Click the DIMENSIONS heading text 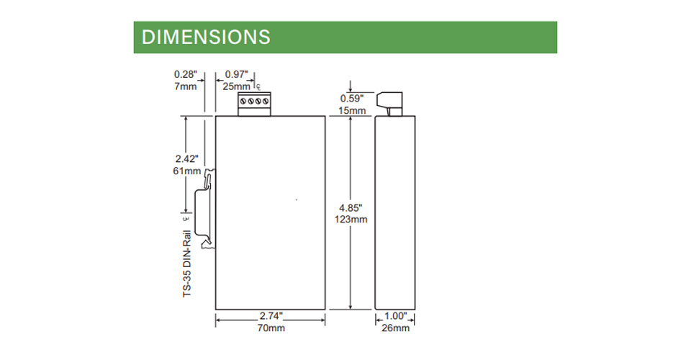click(x=206, y=37)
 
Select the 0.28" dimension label click(x=186, y=74)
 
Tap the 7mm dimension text click(x=186, y=86)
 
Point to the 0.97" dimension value click(x=237, y=74)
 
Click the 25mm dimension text click(x=236, y=86)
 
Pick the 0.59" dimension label click(x=352, y=99)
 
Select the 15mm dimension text click(x=352, y=111)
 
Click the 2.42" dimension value click(x=187, y=159)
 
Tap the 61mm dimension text click(x=187, y=171)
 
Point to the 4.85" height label click(x=351, y=207)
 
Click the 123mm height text click(x=351, y=220)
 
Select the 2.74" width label click(x=271, y=316)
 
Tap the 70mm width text click(x=271, y=328)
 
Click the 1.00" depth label click(x=396, y=316)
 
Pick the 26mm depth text click(x=395, y=328)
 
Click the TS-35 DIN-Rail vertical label click(x=187, y=264)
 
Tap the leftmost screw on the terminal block click(x=243, y=102)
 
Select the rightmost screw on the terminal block click(x=266, y=102)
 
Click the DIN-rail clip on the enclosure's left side click(x=205, y=208)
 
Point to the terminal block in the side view click(x=389, y=104)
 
